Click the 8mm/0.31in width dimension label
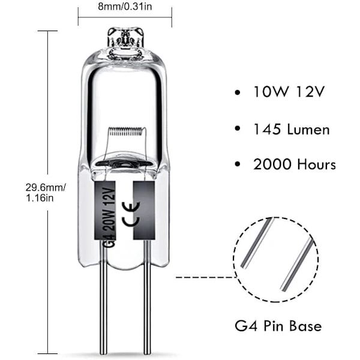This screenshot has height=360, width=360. (x=125, y=7)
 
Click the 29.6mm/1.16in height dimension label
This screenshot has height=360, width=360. (x=46, y=193)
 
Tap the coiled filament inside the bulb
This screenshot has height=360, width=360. (x=125, y=131)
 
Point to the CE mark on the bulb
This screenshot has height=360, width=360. (x=130, y=214)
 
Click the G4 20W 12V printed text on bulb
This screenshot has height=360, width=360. (x=110, y=217)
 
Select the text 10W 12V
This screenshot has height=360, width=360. (x=289, y=92)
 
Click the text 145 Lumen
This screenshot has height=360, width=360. (x=291, y=129)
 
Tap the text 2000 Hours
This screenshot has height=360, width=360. (x=295, y=164)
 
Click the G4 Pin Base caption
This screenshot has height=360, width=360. (x=278, y=326)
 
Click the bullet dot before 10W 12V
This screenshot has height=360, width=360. (x=238, y=93)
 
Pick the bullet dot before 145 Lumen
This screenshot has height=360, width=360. (x=238, y=128)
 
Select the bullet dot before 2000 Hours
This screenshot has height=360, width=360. (x=238, y=164)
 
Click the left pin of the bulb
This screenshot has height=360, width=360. (x=103, y=298)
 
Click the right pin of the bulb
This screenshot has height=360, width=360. (x=147, y=298)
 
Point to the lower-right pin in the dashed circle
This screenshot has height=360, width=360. (x=296, y=265)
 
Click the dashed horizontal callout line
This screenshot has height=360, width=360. (x=205, y=277)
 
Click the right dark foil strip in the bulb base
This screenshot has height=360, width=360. (x=144, y=210)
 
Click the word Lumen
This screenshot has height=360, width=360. (x=308, y=129)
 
